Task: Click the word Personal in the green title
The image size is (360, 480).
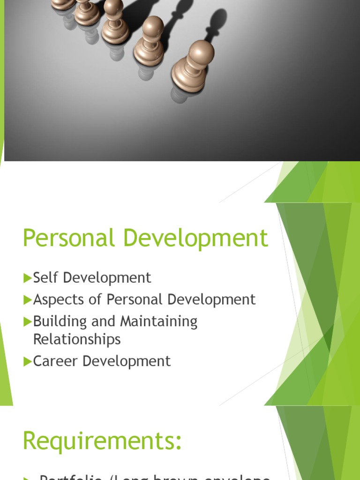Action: [x=69, y=238]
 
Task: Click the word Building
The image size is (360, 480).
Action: [x=60, y=322]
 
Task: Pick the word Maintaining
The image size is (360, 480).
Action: [x=159, y=322]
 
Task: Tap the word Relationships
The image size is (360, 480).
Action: [x=77, y=339]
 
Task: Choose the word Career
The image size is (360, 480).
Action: [x=53, y=361]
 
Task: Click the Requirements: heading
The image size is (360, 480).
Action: [x=102, y=441]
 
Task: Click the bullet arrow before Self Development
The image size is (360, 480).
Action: [x=27, y=278]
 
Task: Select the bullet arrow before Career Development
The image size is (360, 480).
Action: [x=27, y=361]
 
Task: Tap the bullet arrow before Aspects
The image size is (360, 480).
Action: [x=27, y=300]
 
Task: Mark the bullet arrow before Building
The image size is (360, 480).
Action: [x=27, y=322]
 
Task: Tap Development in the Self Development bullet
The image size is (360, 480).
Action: [x=107, y=278]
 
